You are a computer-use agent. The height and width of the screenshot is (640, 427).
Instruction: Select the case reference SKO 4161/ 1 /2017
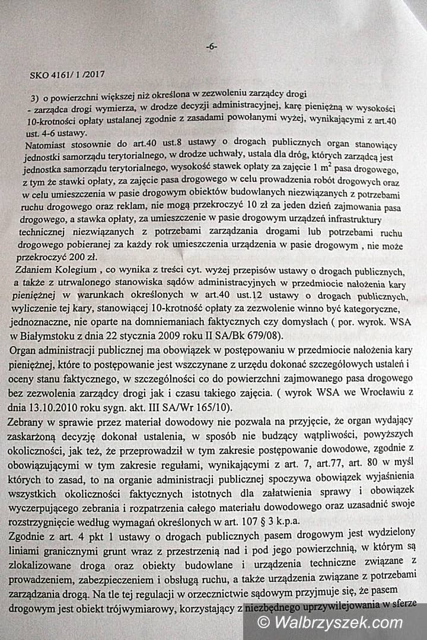[x=66, y=75]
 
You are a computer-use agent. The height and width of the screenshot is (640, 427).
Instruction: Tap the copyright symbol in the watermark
[x=263, y=623]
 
